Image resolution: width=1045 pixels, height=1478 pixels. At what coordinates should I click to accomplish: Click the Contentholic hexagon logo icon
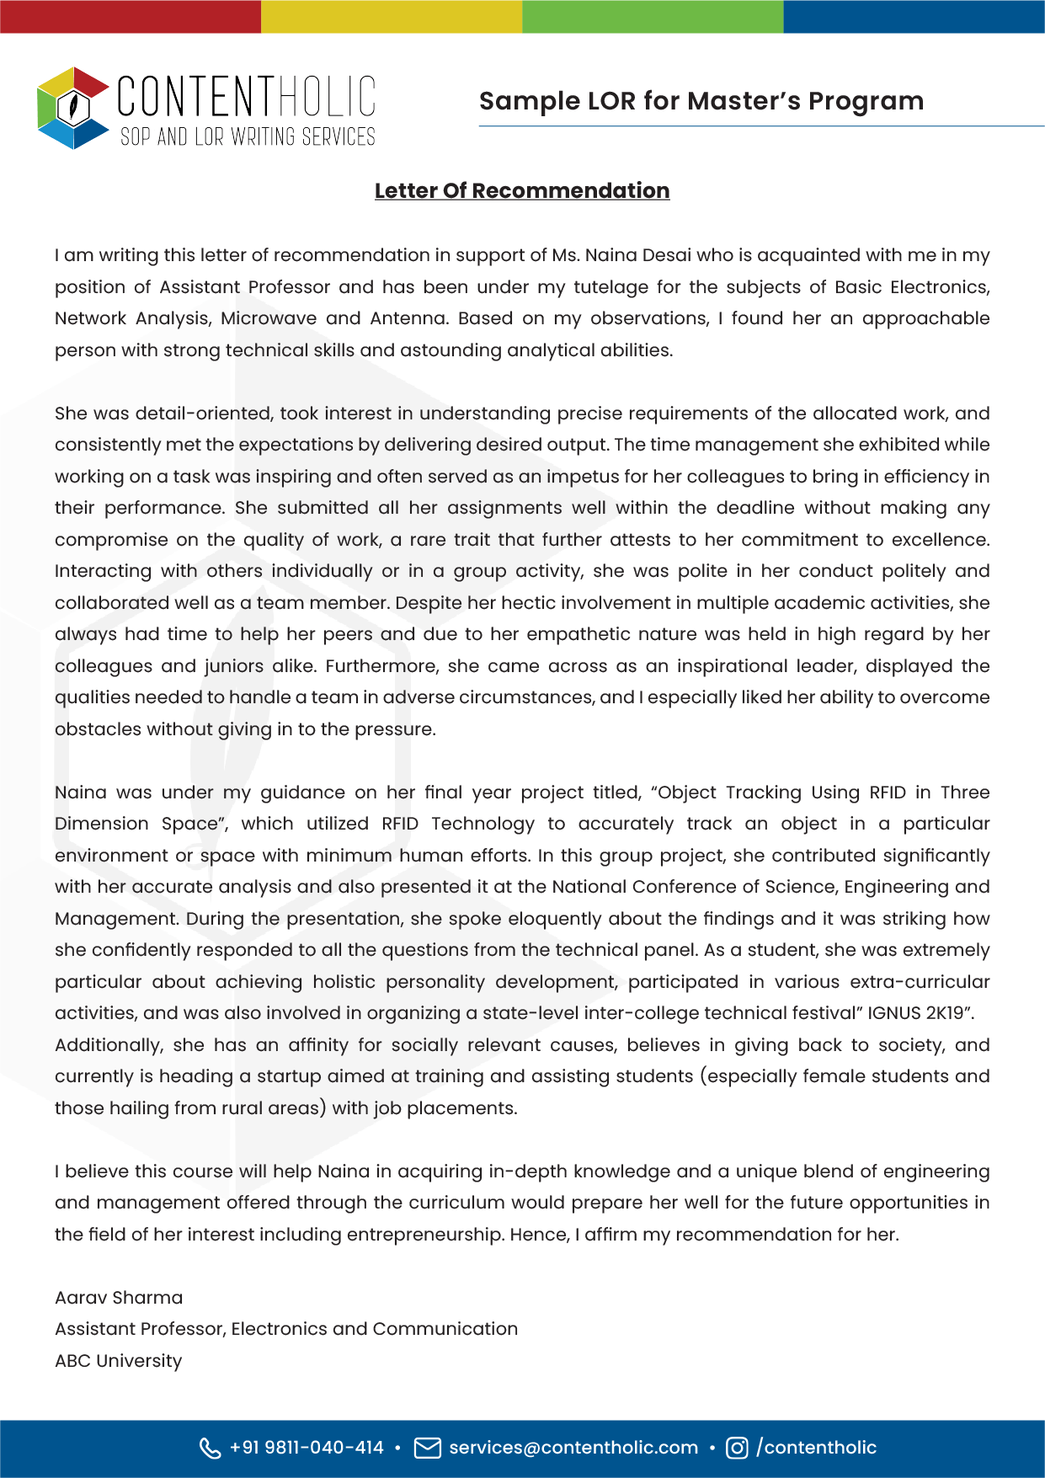point(73,108)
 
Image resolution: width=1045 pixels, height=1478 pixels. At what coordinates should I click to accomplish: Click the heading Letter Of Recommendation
point(522,191)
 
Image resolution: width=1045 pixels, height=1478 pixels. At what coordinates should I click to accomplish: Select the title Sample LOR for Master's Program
point(701,101)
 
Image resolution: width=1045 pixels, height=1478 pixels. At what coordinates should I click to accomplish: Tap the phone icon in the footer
point(210,1448)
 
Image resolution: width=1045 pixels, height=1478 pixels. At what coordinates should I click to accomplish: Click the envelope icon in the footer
point(428,1448)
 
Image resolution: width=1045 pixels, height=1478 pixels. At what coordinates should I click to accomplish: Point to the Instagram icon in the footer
point(737,1448)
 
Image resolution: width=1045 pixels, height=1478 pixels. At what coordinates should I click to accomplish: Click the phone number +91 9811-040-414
point(307,1448)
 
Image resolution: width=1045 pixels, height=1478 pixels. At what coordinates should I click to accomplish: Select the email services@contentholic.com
point(573,1448)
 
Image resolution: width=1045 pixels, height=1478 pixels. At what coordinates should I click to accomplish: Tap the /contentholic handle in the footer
point(817,1448)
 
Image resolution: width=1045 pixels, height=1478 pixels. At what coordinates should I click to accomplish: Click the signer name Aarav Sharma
point(119,1298)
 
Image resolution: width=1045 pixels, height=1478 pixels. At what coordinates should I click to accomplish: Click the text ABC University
point(119,1361)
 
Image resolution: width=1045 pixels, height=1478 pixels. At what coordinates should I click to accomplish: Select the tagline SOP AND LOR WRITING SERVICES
point(248,137)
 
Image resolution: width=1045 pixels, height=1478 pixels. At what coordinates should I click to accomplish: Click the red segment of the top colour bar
point(131,16)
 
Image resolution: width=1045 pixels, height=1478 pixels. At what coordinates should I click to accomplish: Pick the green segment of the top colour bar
point(653,16)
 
